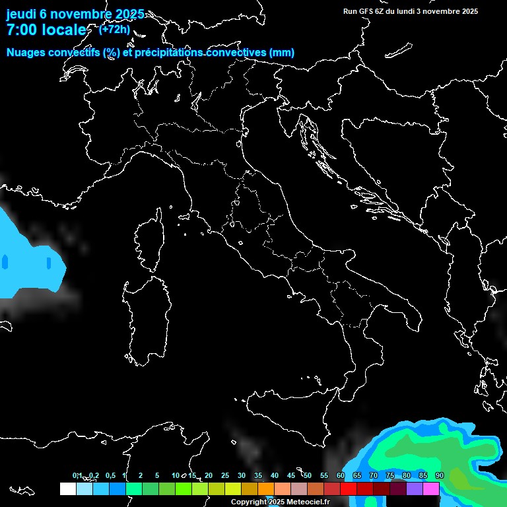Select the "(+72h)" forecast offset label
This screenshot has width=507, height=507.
114,30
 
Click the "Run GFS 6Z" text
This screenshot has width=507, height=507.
364,11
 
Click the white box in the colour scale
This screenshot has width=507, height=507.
67,489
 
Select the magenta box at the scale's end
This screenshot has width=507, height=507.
431,489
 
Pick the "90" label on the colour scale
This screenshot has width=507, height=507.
440,475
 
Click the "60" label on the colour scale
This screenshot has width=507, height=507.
341,475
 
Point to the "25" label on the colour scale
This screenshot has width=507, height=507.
225,475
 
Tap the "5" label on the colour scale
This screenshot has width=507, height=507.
157,475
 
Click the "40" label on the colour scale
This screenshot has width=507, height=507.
275,475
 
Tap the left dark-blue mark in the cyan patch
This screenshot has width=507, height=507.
5,262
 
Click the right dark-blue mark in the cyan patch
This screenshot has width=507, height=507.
49,262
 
